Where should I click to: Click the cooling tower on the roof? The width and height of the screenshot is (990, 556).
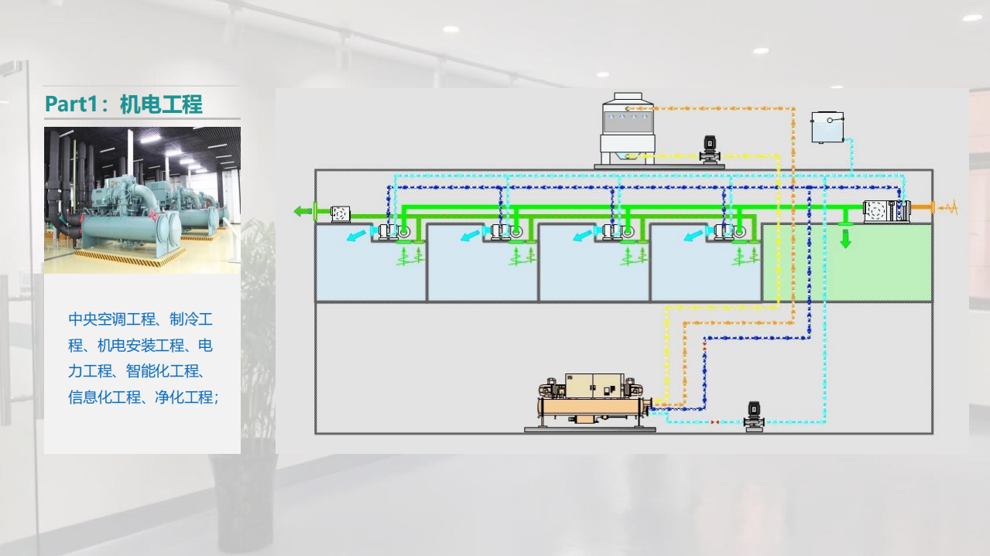627,129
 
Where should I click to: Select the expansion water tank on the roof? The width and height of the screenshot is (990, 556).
827,128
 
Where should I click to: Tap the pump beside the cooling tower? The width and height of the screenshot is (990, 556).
710,150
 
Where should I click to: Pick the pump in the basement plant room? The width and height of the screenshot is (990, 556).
754,417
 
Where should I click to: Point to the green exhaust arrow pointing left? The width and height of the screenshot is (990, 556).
303,211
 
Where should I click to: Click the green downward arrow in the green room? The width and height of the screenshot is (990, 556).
845,239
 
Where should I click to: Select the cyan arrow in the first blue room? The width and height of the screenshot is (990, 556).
356,235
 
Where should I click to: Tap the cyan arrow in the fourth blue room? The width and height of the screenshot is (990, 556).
693,235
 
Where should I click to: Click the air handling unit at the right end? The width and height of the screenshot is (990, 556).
887,211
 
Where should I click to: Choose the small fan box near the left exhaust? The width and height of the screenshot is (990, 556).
341,214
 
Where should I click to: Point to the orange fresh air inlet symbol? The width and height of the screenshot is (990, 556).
947,207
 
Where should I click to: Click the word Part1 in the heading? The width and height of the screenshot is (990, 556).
71,104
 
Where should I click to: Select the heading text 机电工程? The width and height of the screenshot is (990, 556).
161,104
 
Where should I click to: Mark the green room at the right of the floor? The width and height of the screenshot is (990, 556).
848,263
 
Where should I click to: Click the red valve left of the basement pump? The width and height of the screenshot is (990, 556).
714,422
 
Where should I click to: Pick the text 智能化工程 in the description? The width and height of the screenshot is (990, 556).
163,371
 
